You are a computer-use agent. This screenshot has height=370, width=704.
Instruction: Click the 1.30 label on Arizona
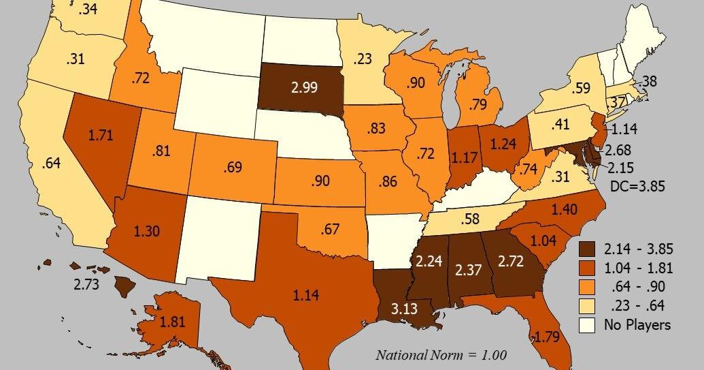146,231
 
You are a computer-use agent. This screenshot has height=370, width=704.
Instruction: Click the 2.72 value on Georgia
512,261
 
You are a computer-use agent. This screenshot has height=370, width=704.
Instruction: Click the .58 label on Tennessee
470,219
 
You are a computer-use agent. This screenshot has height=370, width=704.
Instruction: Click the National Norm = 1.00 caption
441,355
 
